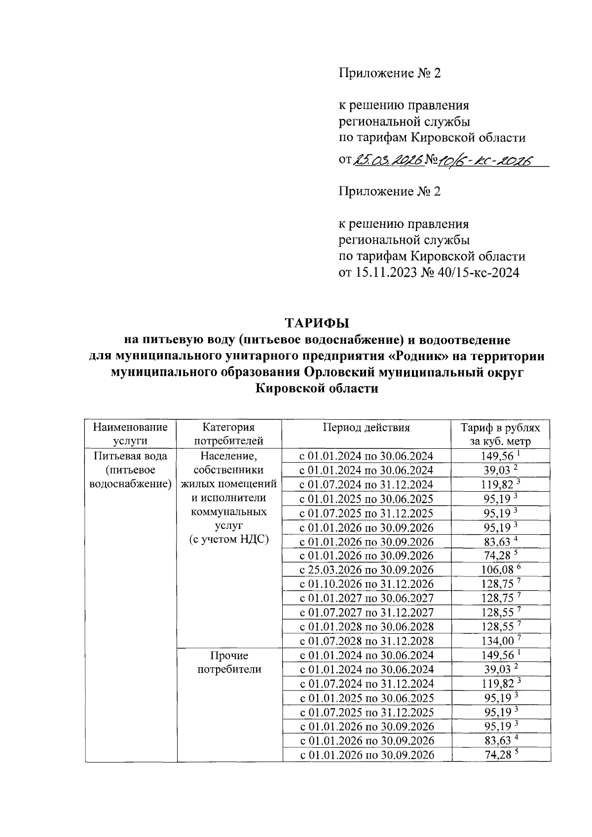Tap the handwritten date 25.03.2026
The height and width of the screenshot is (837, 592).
pyautogui.click(x=389, y=160)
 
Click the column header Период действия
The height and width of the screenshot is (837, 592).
pyautogui.click(x=367, y=428)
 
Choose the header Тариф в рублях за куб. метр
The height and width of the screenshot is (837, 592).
pyautogui.click(x=500, y=434)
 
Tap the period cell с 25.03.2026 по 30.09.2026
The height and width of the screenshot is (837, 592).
pyautogui.click(x=367, y=570)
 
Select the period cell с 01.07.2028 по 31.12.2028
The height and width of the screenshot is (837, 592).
pyautogui.click(x=367, y=641)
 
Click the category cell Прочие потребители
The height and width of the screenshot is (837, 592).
pyautogui.click(x=229, y=662)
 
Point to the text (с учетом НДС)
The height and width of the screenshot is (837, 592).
pyautogui.click(x=229, y=539)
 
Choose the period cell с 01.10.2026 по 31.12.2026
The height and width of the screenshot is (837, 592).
pyautogui.click(x=367, y=584)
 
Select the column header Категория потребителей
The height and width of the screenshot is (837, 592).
pyautogui.click(x=229, y=434)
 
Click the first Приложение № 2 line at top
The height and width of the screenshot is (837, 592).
pyautogui.click(x=389, y=73)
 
